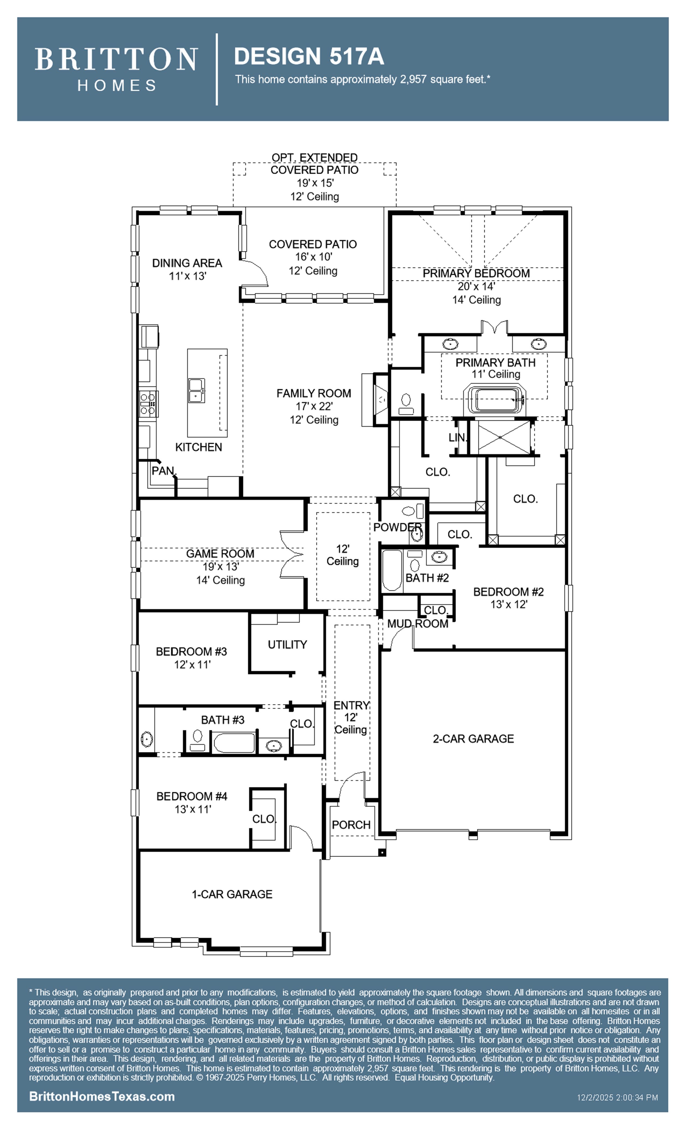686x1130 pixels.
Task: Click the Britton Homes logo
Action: point(116,69)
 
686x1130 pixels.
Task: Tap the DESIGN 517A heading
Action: point(309,56)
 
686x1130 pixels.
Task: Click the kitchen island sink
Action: point(197,390)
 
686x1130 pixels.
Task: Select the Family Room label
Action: point(314,393)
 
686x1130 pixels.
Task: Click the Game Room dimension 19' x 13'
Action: point(221,567)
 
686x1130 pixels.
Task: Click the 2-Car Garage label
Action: point(473,739)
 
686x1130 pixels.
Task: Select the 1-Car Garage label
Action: point(232,894)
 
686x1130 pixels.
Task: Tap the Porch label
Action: point(351,825)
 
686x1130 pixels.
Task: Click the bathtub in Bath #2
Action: point(392,570)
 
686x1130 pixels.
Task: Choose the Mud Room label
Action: point(418,624)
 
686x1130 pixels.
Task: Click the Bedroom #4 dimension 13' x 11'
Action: point(193,810)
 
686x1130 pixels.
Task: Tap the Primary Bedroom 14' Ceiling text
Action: point(476,300)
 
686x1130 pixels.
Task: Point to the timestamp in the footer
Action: point(617,1097)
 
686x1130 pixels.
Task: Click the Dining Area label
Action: point(187,263)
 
